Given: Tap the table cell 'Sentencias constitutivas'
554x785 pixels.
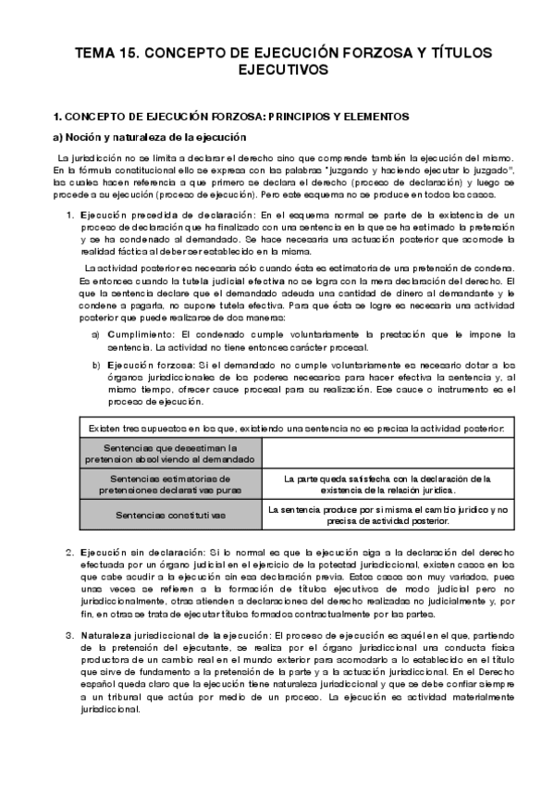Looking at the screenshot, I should pos(172,514).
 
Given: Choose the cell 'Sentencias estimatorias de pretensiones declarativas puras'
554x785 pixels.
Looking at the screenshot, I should pos(172,484).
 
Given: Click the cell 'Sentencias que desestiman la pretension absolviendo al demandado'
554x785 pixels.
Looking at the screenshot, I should pos(172,453).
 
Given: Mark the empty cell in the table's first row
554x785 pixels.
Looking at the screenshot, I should pos(387,453).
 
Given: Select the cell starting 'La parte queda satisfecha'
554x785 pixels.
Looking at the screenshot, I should pos(387,484).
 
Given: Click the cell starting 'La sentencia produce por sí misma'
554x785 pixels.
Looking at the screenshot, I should pos(387,515).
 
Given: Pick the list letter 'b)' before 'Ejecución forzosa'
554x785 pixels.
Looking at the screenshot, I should pos(96,366).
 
